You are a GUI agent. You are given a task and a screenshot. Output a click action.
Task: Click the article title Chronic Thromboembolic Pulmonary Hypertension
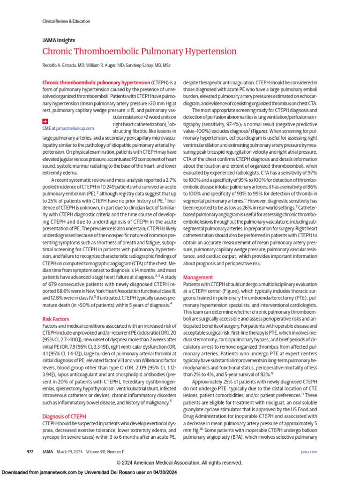coord(139,51)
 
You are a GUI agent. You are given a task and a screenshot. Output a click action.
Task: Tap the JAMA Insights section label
coord(59,40)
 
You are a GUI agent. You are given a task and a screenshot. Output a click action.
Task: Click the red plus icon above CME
coord(45,121)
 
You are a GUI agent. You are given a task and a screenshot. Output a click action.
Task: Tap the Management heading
coord(198,277)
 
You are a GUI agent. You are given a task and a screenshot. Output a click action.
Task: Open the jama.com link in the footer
coord(309,451)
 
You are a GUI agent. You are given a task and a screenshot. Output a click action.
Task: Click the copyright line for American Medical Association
coord(180,462)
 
